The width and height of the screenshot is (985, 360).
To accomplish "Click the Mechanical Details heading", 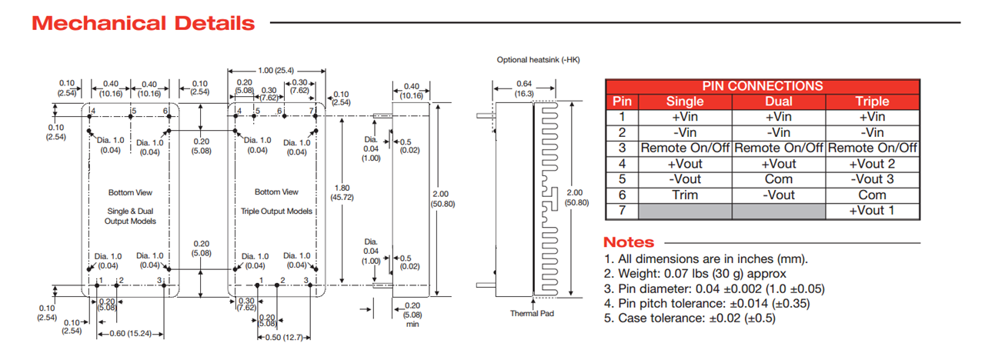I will (143, 23).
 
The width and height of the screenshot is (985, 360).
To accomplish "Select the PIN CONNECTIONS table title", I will (762, 86).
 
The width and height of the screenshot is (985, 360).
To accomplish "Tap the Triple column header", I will (872, 102).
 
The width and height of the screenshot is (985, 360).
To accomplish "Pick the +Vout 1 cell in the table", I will (872, 210).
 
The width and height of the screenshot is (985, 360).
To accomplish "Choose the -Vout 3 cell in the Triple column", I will (872, 179).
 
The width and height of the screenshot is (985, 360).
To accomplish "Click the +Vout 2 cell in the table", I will (872, 164).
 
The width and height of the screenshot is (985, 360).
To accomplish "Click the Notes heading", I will (629, 242).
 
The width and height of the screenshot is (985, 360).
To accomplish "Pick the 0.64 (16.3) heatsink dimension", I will (524, 88).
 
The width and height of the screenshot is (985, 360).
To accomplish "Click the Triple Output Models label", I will (276, 211).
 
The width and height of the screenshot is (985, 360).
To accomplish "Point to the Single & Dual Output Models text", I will (130, 215).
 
